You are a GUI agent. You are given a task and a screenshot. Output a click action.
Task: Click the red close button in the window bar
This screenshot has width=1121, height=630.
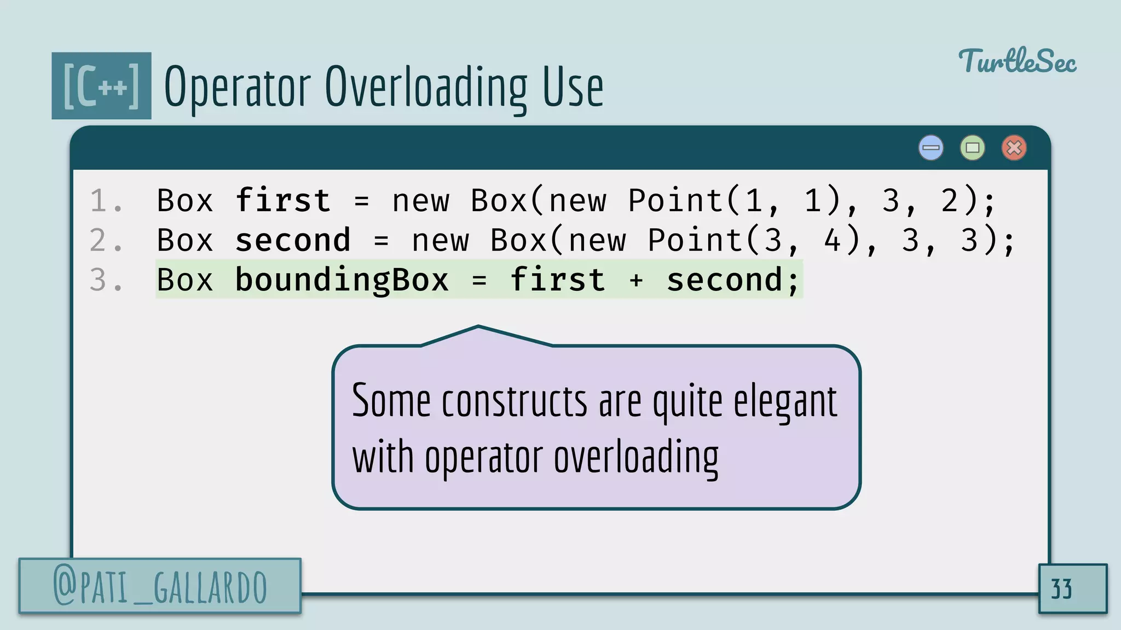coord(1014,148)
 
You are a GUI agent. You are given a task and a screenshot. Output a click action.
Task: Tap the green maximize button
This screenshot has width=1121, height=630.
coord(972,148)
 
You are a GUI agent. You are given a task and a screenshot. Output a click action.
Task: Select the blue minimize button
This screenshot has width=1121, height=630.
coord(931,148)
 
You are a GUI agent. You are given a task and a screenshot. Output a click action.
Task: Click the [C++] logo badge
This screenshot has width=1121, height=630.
coord(101,86)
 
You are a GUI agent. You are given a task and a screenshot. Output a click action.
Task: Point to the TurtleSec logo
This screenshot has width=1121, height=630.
coord(1017,61)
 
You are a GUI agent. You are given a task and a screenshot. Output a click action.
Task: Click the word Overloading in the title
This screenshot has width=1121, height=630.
coord(426,87)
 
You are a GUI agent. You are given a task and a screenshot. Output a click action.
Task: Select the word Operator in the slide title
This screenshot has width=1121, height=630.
coord(238,87)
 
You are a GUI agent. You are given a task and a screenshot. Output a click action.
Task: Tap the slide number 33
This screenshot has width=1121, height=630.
coord(1062,589)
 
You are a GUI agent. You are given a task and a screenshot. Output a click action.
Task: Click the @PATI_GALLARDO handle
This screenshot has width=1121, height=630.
coord(160,587)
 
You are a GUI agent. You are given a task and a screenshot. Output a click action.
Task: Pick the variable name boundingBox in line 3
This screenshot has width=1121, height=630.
coord(342,281)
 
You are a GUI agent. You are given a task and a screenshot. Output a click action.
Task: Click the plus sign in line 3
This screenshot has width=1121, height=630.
coord(635,281)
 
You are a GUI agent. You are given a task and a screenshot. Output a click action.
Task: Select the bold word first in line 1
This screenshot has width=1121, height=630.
coord(283,200)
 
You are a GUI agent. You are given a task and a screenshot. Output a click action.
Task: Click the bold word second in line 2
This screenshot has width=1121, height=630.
coord(293,241)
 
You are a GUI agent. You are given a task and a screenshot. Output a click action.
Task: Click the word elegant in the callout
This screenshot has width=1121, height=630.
coord(785,402)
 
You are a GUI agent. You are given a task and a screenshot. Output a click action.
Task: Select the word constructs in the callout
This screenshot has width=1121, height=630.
coord(515,402)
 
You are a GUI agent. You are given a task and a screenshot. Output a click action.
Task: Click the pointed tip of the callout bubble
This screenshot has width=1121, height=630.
coord(478,327)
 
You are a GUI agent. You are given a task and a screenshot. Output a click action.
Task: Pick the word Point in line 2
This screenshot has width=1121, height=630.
coord(695,241)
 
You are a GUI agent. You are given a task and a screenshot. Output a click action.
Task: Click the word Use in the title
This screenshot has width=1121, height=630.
coord(573,87)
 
